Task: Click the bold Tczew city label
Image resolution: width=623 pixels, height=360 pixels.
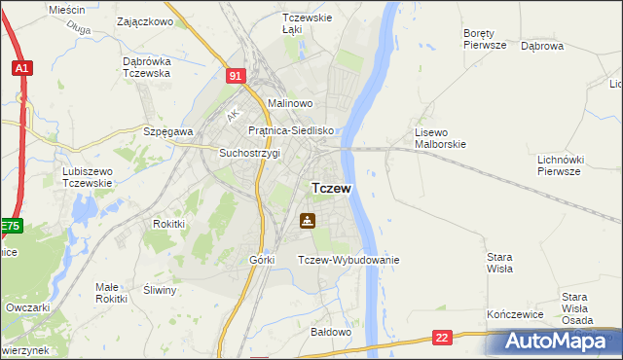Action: click(x=331, y=188)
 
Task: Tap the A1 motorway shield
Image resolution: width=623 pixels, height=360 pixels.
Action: click(x=21, y=68)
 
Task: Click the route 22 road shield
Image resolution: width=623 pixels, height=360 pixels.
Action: click(x=443, y=338)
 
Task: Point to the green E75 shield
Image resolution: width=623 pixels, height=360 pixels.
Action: click(x=10, y=226)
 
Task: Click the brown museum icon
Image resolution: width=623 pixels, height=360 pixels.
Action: click(x=308, y=221)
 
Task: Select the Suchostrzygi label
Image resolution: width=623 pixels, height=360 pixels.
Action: click(x=249, y=153)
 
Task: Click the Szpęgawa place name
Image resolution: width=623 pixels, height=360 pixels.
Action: click(x=168, y=131)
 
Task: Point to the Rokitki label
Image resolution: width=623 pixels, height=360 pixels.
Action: click(x=169, y=223)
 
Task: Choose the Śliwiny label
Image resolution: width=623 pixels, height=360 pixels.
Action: click(x=160, y=290)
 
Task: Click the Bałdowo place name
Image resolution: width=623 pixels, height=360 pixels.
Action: click(x=330, y=332)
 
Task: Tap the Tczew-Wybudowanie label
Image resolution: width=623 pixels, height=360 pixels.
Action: click(x=348, y=260)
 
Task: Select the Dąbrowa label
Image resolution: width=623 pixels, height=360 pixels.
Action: click(x=542, y=45)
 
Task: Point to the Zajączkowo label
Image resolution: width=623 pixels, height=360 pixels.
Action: click(x=144, y=20)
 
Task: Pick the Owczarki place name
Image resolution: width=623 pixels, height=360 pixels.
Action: click(x=27, y=306)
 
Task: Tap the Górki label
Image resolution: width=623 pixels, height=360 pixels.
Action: click(x=262, y=260)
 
